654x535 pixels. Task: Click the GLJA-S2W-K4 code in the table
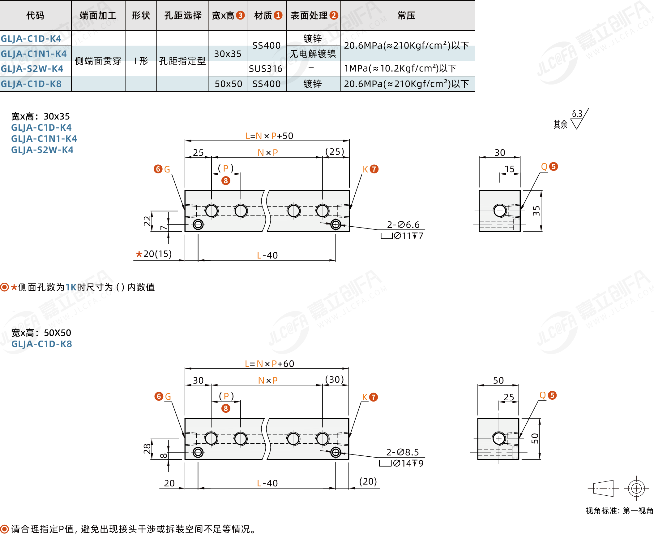click(x=32, y=69)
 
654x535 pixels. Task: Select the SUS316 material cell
click(x=266, y=69)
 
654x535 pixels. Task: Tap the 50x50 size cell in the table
click(x=228, y=84)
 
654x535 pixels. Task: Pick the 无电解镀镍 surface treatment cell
click(x=313, y=54)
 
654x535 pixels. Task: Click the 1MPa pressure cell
click(x=400, y=68)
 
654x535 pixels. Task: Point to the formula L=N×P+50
click(x=269, y=136)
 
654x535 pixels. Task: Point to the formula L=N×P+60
click(x=269, y=364)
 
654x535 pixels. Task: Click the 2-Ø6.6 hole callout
click(x=403, y=224)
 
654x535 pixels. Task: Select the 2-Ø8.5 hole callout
click(x=403, y=452)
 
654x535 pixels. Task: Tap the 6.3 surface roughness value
click(x=577, y=114)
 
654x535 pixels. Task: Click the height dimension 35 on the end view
click(x=536, y=211)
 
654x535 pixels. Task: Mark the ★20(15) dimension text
click(x=154, y=254)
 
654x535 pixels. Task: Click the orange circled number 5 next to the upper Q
click(x=554, y=167)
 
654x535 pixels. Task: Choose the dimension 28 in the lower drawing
click(x=147, y=449)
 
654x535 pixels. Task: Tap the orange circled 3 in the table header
click(x=240, y=15)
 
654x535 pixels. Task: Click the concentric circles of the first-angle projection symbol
click(x=636, y=488)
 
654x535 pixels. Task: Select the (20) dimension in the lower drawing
click(x=368, y=481)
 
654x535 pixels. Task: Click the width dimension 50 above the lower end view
click(x=498, y=381)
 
